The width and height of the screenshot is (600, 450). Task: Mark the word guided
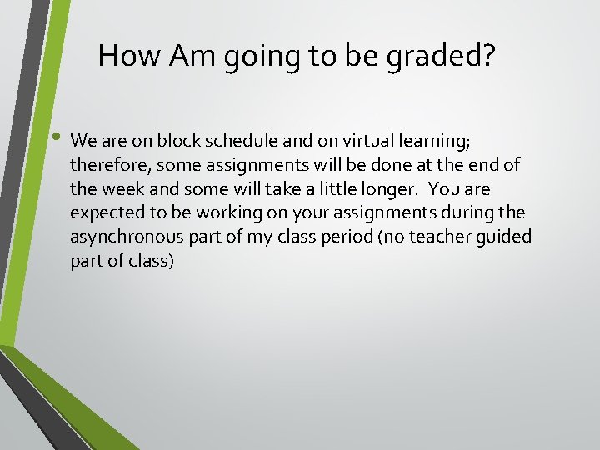(504, 237)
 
